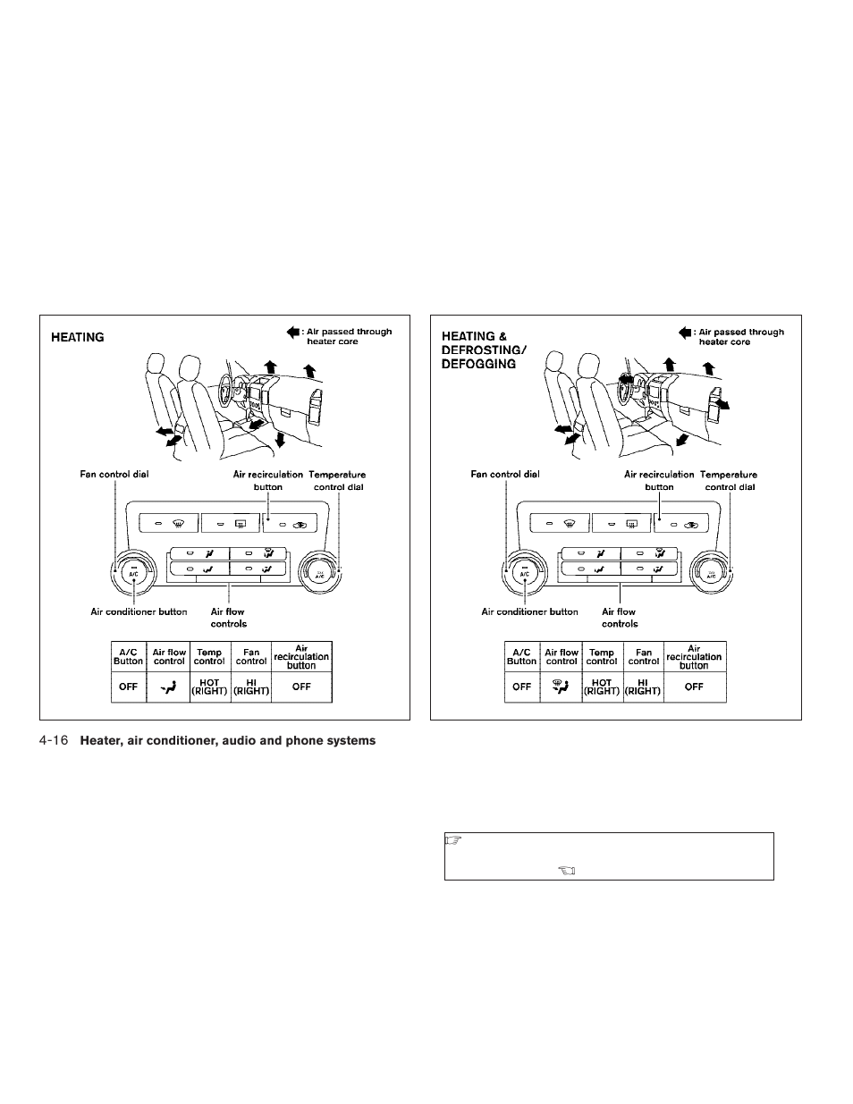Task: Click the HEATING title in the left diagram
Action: pyautogui.click(x=78, y=338)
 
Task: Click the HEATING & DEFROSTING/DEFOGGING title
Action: pyautogui.click(x=479, y=350)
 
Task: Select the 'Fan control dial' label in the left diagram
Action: pyautogui.click(x=114, y=475)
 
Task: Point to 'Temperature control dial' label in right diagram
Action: pyautogui.click(x=729, y=481)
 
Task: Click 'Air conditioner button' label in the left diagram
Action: pyautogui.click(x=139, y=611)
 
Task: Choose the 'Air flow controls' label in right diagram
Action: pyautogui.click(x=620, y=618)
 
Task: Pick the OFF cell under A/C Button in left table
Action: pyautogui.click(x=128, y=687)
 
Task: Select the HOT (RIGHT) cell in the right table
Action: pyautogui.click(x=602, y=687)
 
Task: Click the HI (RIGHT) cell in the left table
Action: pyautogui.click(x=251, y=687)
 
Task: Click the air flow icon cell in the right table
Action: pyautogui.click(x=562, y=687)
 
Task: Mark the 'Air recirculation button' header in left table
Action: pyautogui.click(x=301, y=657)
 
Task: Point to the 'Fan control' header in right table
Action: pyautogui.click(x=644, y=657)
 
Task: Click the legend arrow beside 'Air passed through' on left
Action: pyautogui.click(x=292, y=332)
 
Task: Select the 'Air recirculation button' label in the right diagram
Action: pyautogui.click(x=659, y=481)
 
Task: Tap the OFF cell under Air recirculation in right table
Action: pyautogui.click(x=694, y=687)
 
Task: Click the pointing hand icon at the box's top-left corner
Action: pyautogui.click(x=452, y=840)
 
